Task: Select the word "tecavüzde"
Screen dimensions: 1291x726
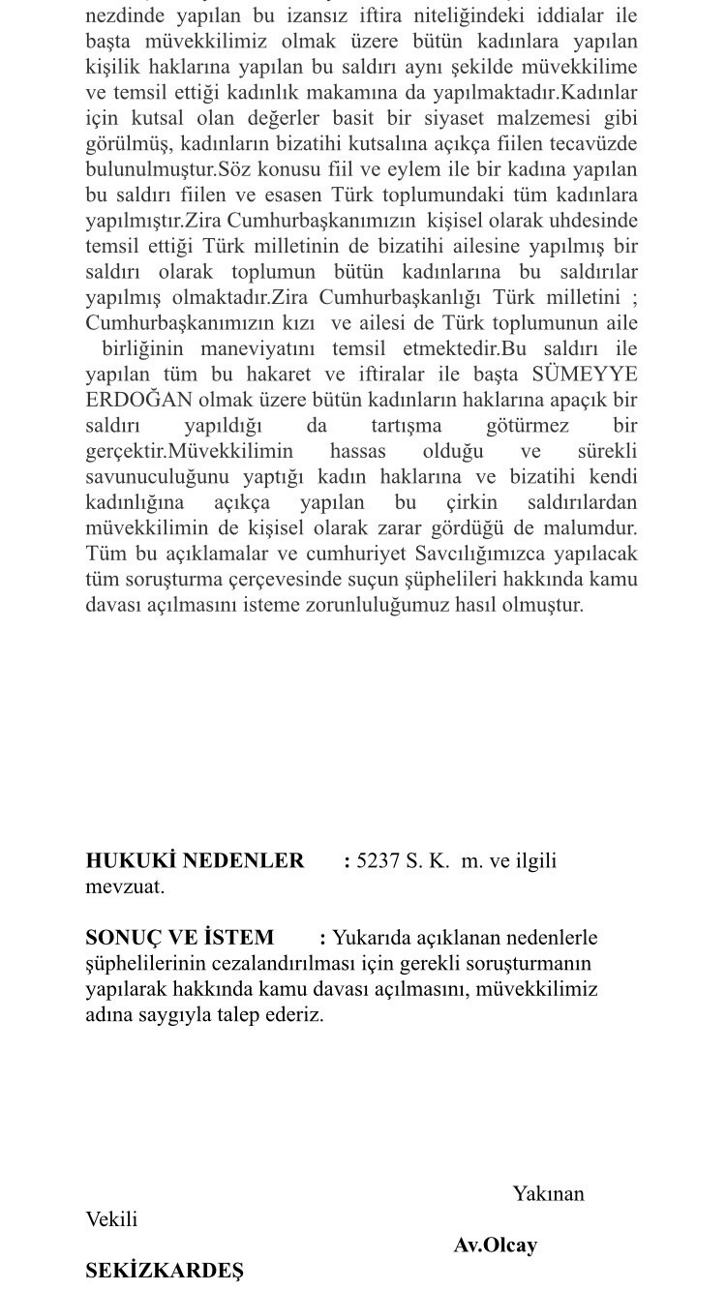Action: (x=595, y=144)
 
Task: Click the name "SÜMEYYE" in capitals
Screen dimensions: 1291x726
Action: (x=585, y=375)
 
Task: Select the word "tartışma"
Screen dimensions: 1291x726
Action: (x=406, y=426)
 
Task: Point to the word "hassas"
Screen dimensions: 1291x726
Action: (x=357, y=451)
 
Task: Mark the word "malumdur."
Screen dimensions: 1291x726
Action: (x=590, y=527)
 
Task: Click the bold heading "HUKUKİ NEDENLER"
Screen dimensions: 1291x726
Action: (x=195, y=860)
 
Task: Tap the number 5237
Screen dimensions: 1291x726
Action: (x=378, y=860)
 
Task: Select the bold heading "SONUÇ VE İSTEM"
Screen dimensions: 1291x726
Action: (x=180, y=937)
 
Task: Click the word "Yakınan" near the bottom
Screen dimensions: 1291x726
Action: (x=548, y=1193)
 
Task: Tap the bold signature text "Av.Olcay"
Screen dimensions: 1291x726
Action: (x=495, y=1245)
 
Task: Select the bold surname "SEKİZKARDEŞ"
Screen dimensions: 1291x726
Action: (x=165, y=1271)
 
